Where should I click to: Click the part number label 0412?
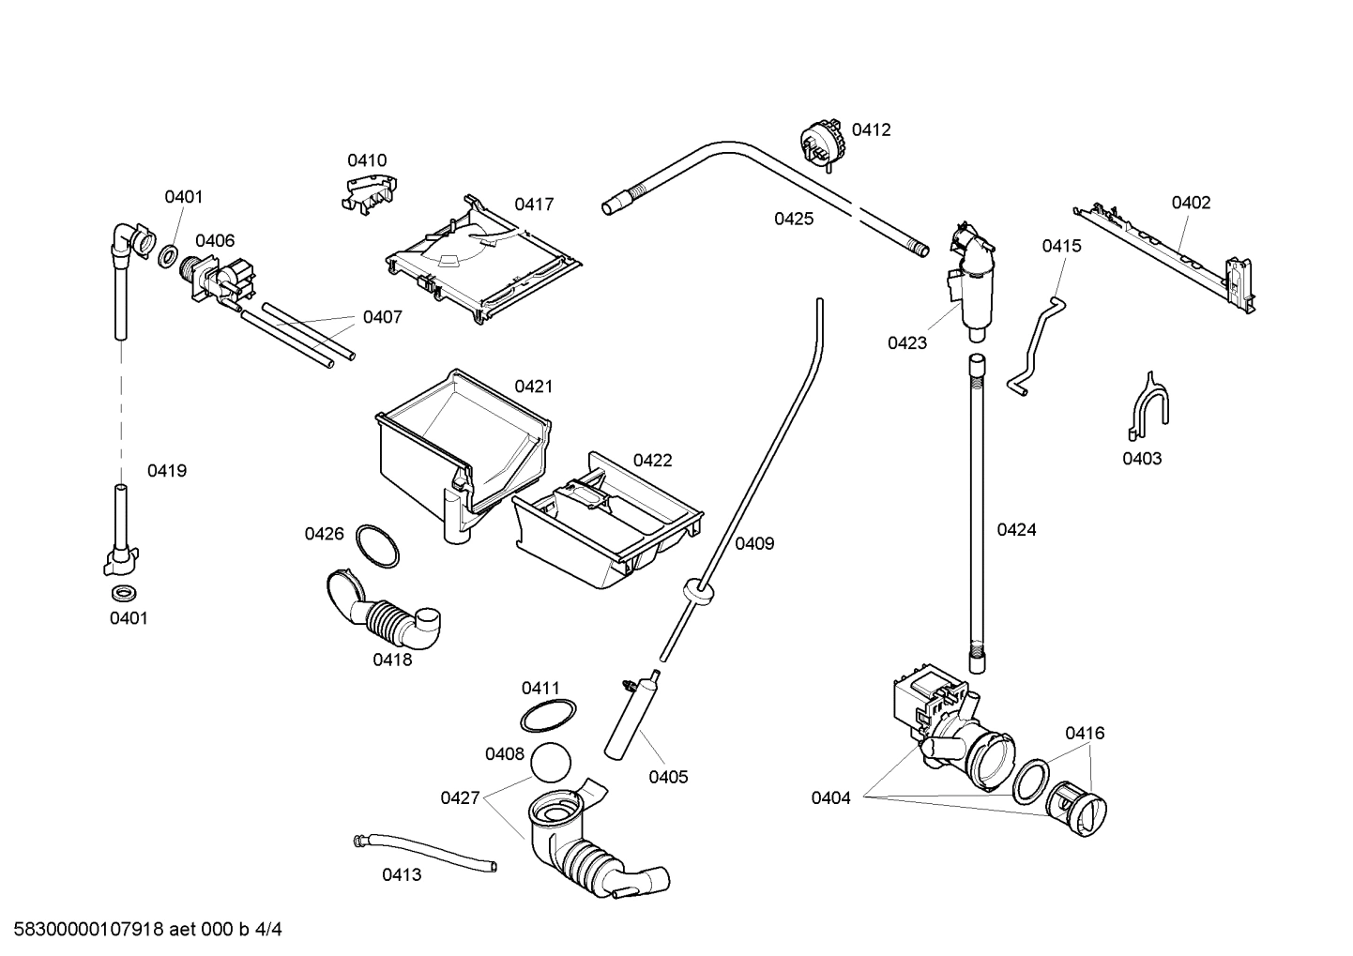871,130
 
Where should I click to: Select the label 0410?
367,160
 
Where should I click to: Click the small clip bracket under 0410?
367,193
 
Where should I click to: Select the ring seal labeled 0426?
378,545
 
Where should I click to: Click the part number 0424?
1016,530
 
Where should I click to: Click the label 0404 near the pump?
830,798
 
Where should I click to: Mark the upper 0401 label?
184,197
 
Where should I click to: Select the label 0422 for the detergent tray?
652,461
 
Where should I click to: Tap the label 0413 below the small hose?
402,875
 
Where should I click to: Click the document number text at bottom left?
142,930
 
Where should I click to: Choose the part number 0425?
794,219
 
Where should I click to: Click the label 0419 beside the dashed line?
167,471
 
